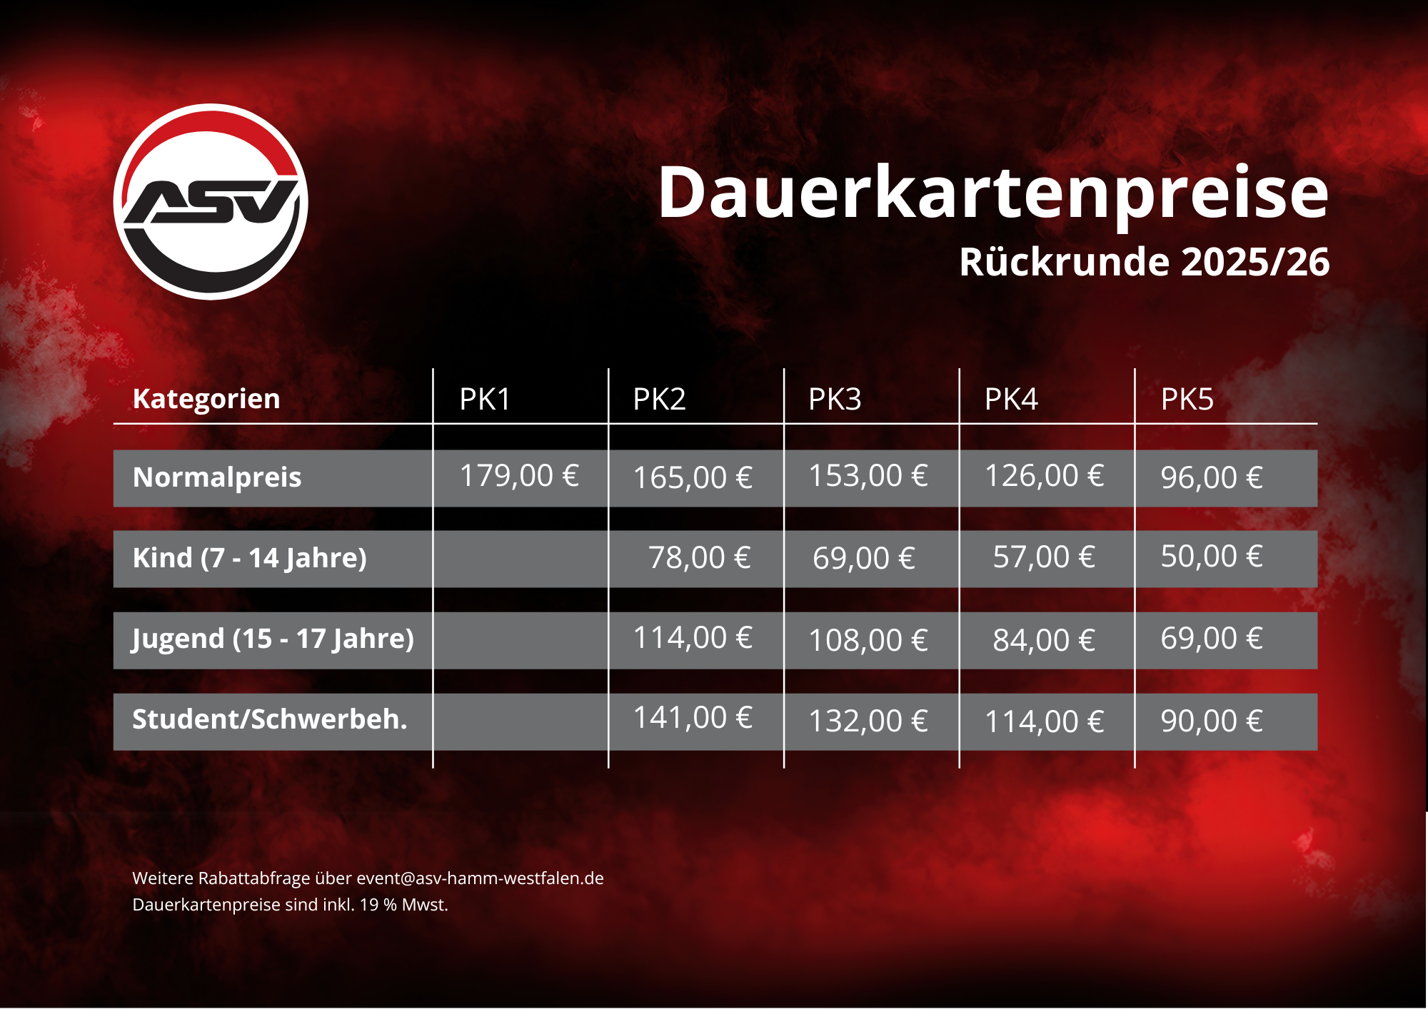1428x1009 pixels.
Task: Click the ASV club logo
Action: (211, 202)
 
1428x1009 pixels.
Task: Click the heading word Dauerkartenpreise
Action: (992, 193)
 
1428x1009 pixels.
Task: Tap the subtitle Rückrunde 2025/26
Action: (1144, 262)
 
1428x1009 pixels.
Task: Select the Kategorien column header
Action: (206, 399)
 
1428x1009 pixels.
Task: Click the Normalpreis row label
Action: (217, 477)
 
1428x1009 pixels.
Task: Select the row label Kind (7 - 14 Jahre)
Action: (249, 558)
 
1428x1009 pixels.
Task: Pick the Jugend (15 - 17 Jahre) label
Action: (273, 639)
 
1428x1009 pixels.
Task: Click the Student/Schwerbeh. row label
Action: (270, 719)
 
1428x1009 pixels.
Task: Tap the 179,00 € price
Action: (519, 476)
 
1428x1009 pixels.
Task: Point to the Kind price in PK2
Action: (699, 558)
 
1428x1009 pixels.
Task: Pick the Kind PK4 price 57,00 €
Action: (1044, 557)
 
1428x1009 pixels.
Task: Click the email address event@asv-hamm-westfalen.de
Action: (480, 878)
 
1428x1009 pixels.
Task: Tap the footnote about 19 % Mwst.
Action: (290, 905)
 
